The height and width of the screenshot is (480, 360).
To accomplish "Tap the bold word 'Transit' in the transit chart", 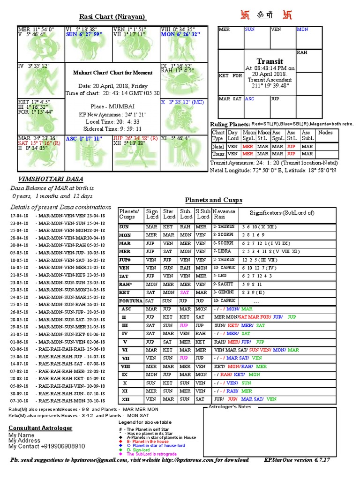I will point(270,61).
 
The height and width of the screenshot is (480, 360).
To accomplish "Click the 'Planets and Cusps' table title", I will point(213,200).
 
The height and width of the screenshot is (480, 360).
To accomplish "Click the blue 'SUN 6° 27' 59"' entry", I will point(87,34).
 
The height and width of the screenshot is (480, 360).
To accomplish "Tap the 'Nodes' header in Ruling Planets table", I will point(325,133).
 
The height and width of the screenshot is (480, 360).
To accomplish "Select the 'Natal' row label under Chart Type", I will point(218,146).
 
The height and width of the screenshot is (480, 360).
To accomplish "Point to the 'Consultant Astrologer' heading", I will point(40,428).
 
